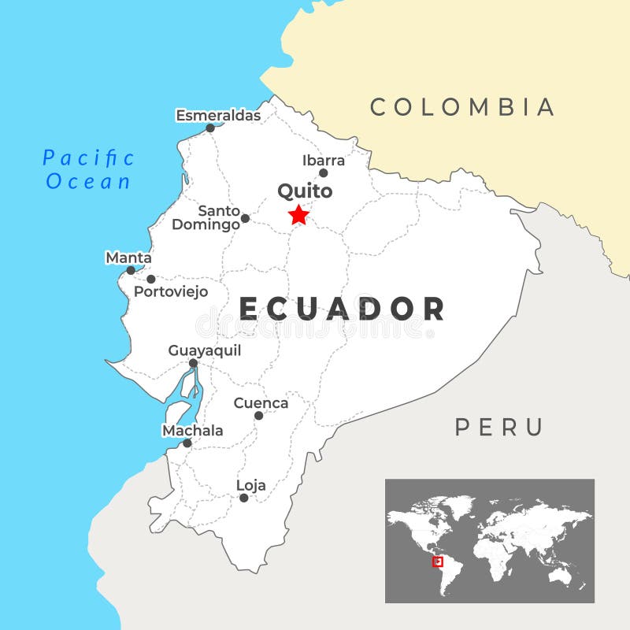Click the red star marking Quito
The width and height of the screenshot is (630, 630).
(x=298, y=215)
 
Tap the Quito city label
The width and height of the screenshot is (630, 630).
(x=305, y=191)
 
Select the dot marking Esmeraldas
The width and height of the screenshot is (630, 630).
(x=210, y=128)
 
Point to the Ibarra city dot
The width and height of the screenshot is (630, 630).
(x=323, y=173)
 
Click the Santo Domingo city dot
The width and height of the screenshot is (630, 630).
(x=245, y=218)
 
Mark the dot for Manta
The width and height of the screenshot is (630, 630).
(x=131, y=270)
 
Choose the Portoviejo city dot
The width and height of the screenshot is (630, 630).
(x=151, y=279)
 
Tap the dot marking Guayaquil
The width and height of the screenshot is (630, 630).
(x=193, y=363)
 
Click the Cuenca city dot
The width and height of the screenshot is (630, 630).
(x=258, y=415)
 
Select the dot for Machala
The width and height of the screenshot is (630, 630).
(x=187, y=443)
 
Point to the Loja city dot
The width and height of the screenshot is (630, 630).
(x=244, y=498)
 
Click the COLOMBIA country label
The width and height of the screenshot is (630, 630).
(x=463, y=107)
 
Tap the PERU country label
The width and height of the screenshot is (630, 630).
(x=499, y=428)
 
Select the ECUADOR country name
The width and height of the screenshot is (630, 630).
(x=343, y=309)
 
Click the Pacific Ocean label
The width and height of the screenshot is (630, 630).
(x=88, y=169)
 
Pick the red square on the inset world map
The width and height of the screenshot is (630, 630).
(x=439, y=561)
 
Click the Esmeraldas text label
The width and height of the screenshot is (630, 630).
(x=218, y=116)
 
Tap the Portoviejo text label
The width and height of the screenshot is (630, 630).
(x=171, y=291)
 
